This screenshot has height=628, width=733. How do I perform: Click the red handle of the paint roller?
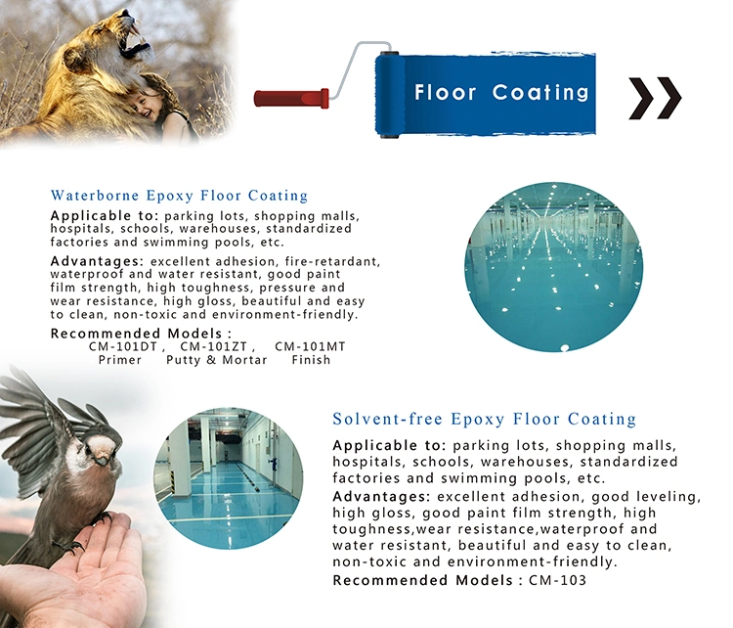click(291, 98)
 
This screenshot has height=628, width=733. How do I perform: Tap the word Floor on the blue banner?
click(445, 93)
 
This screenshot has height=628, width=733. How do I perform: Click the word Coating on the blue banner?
click(540, 93)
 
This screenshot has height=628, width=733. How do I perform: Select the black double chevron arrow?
click(655, 98)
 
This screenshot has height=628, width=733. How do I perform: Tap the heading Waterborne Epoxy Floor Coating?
click(180, 196)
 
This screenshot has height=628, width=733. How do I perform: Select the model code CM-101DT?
click(123, 346)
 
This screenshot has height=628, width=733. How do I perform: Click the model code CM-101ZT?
click(214, 346)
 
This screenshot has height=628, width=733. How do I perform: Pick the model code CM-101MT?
click(310, 346)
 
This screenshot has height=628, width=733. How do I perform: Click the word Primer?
click(120, 360)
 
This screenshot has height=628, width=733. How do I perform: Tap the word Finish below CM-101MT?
click(311, 360)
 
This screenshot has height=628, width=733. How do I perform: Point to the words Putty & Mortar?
click(216, 360)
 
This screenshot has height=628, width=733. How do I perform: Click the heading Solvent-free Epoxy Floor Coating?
click(485, 419)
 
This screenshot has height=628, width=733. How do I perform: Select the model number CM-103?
click(557, 580)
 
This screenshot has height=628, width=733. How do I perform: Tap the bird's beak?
click(102, 460)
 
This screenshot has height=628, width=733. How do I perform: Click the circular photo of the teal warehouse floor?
click(553, 266)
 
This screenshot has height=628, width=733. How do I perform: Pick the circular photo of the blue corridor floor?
click(228, 478)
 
